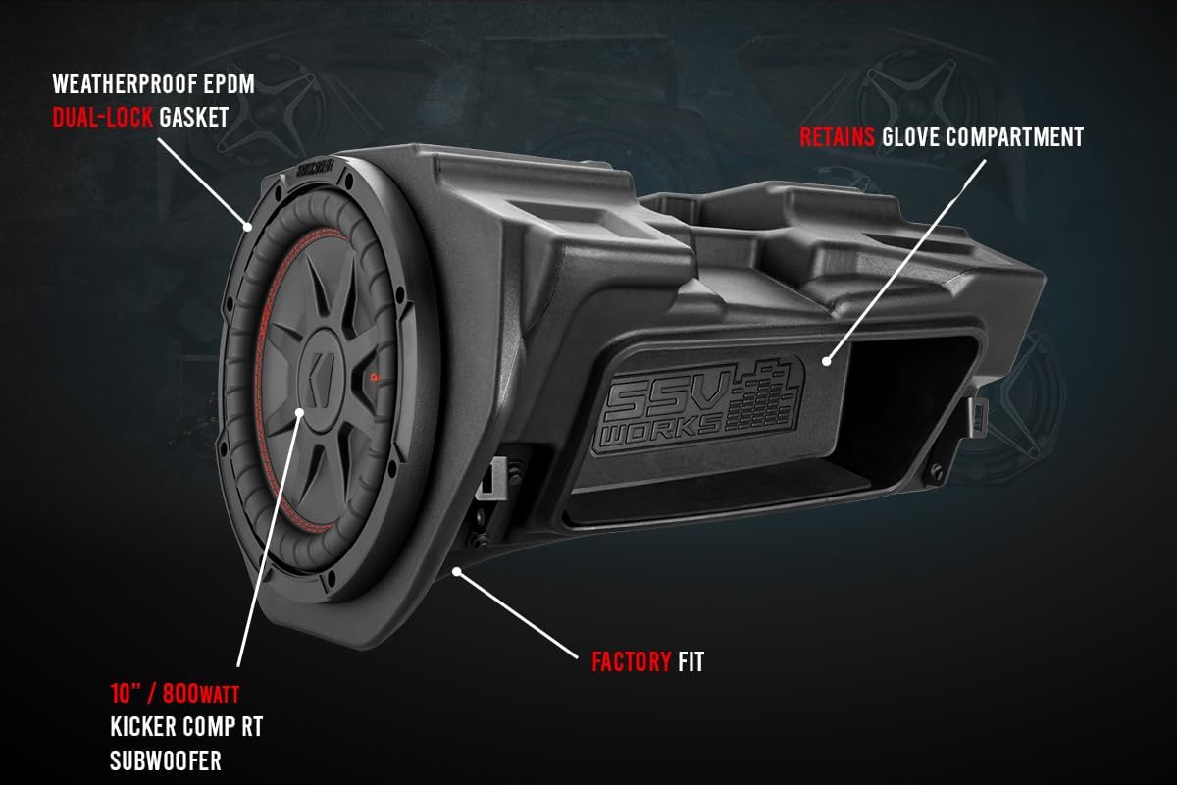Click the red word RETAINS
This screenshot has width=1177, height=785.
pyautogui.click(x=838, y=136)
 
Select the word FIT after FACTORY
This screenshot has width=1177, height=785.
pyautogui.click(x=691, y=662)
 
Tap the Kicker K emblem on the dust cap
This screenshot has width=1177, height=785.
pyautogui.click(x=322, y=377)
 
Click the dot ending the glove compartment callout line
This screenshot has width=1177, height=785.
pyautogui.click(x=827, y=362)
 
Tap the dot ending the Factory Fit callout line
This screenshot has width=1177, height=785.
pyautogui.click(x=455, y=569)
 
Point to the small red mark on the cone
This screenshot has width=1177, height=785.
pyautogui.click(x=377, y=377)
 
